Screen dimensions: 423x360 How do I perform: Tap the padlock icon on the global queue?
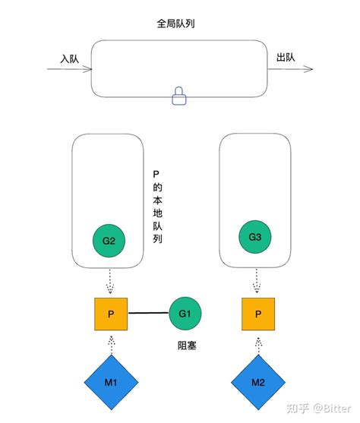[x=179, y=96]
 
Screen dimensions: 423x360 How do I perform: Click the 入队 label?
[x=70, y=58]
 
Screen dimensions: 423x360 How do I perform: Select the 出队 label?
[x=286, y=58]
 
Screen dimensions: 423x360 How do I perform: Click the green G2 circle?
[x=109, y=241]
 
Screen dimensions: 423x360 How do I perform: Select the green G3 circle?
[x=254, y=237]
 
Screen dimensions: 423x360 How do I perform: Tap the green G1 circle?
[x=185, y=313]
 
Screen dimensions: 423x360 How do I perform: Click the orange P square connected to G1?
[x=111, y=314]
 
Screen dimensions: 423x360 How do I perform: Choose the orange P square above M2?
[x=258, y=314]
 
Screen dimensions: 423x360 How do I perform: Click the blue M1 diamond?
[x=111, y=380]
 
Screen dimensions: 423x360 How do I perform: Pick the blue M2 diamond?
[x=258, y=380]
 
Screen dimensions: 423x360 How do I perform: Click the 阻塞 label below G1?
[x=187, y=346]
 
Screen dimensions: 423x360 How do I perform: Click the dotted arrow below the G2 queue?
[x=111, y=283]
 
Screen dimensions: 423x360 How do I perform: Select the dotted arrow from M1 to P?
[x=111, y=343]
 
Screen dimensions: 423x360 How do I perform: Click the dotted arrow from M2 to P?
[x=258, y=343]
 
